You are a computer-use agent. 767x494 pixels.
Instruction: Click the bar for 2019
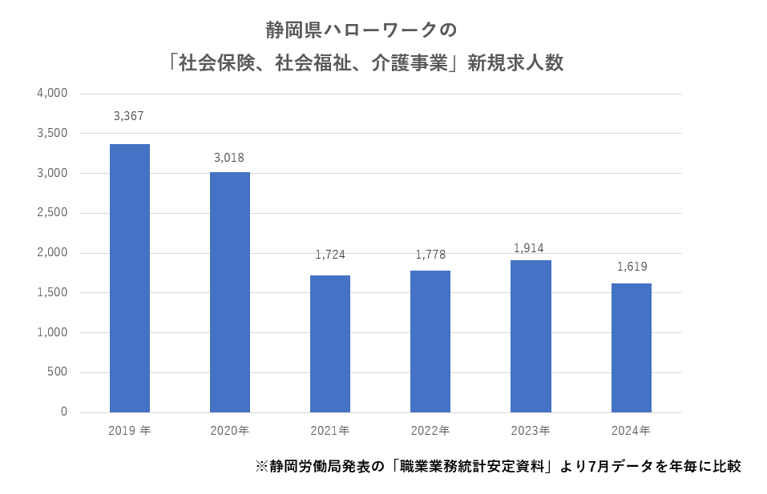[130, 278]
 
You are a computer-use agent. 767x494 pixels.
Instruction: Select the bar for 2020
[230, 292]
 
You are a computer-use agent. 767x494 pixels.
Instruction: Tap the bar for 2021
[330, 343]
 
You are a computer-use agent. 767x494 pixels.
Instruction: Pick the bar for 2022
[430, 341]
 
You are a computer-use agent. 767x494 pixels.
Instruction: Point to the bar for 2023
[531, 336]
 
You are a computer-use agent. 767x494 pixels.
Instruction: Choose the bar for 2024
[631, 347]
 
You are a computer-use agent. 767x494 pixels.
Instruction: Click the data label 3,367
[129, 116]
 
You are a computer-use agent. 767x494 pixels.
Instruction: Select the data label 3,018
[229, 158]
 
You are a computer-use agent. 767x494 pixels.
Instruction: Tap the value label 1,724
[329, 255]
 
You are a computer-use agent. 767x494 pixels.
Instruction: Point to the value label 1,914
[530, 248]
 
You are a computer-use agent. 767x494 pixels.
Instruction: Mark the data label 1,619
[632, 267]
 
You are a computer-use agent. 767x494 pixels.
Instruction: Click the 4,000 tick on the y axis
[52, 93]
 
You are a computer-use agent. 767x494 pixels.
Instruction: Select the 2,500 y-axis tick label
[52, 213]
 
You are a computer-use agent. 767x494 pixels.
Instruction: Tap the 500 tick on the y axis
[57, 372]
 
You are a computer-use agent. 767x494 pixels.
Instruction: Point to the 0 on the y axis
[63, 412]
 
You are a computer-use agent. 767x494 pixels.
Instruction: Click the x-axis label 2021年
[330, 431]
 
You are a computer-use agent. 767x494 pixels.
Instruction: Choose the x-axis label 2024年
[631, 431]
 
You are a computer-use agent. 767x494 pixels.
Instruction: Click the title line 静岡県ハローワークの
[361, 30]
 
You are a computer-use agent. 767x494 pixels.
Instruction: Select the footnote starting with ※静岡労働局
[498, 466]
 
